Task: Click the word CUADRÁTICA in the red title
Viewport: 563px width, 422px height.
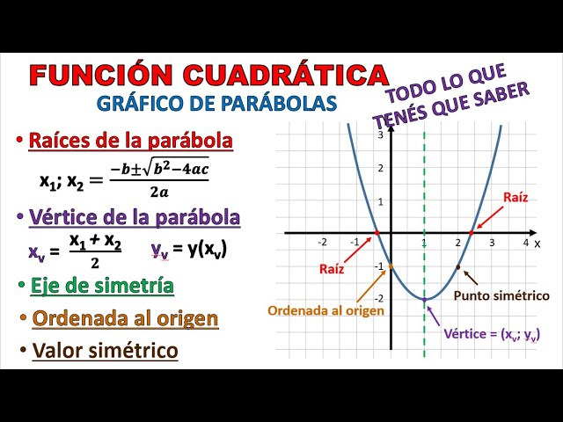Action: coord(285,75)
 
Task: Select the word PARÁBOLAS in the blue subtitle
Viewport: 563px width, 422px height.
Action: coord(279,104)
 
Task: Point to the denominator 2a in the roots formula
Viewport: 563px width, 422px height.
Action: coord(159,193)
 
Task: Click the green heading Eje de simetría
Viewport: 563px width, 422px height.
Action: coord(102,286)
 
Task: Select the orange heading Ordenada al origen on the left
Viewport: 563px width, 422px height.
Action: coord(125,318)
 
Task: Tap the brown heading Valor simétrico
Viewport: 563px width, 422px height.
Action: coord(106,351)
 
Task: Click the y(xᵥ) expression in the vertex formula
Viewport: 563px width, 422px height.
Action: coord(208,249)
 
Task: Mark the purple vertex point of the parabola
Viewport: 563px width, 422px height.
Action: coord(424,299)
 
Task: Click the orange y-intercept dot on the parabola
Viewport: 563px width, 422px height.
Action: coord(391,266)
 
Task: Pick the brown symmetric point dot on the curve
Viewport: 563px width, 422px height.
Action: coord(458,266)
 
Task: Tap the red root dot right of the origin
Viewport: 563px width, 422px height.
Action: coord(472,233)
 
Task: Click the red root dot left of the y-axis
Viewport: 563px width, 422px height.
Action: coord(377,233)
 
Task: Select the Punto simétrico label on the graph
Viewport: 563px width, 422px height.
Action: coord(501,295)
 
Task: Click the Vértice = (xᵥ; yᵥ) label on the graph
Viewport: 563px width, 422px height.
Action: coord(492,334)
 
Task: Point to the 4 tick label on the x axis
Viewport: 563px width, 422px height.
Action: coord(526,243)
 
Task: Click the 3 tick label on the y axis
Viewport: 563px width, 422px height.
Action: coord(381,135)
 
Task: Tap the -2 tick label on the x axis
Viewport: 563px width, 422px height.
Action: coord(323,243)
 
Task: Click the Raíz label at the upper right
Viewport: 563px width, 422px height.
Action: coord(515,197)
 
